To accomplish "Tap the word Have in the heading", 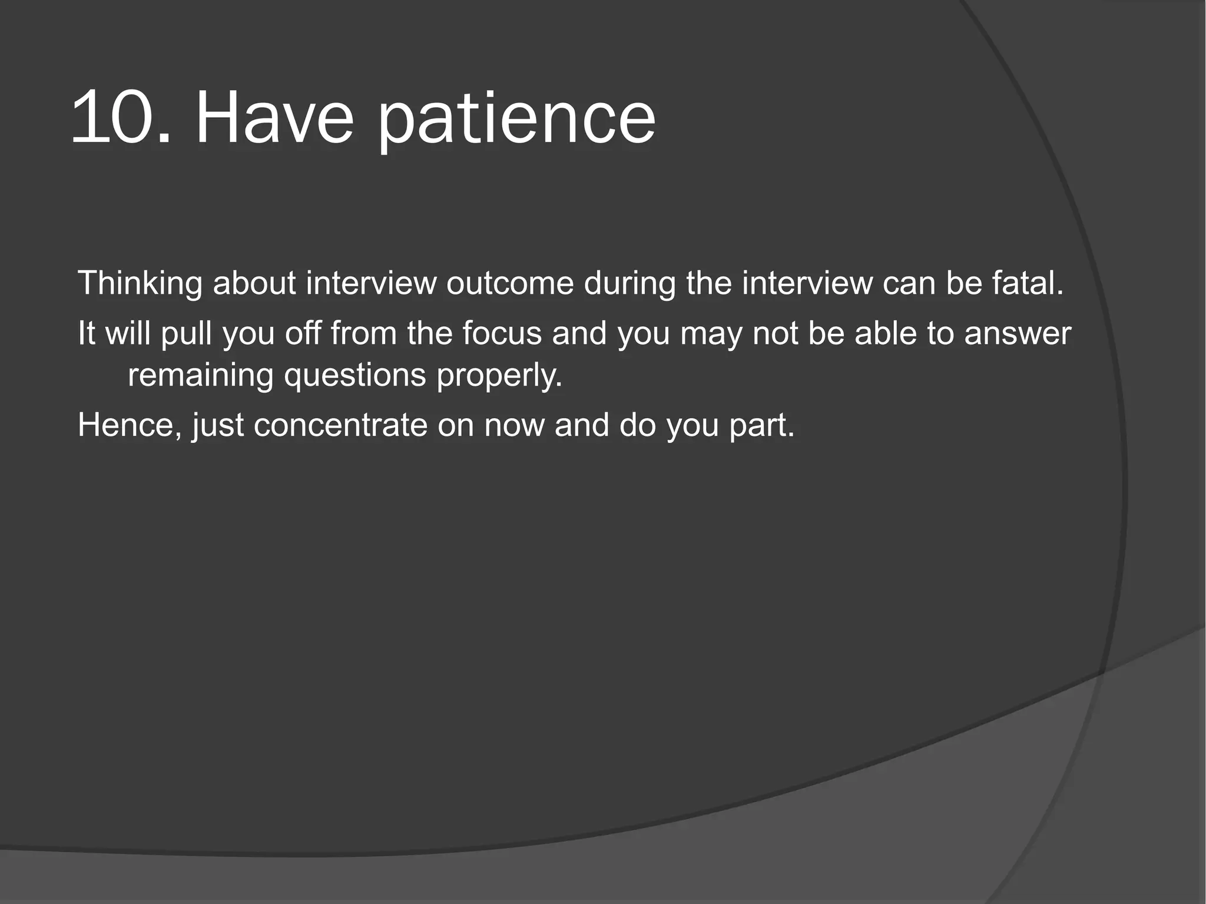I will point(274,117).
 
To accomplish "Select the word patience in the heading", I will point(516,121).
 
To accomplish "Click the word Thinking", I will point(140,284).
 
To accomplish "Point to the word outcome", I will point(510,283).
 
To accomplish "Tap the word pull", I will point(186,334).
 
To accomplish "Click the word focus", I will point(502,333).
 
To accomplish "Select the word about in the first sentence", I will point(254,283).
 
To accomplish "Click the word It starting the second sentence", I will point(87,333).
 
